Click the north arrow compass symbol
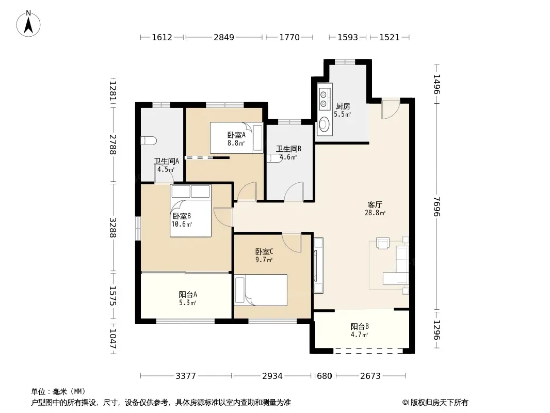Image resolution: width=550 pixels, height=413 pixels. click(x=28, y=23)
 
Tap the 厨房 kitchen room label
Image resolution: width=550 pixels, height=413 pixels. click(x=343, y=106)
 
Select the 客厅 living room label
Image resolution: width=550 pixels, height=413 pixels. click(x=375, y=204)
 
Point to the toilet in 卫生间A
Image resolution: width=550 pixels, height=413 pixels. click(x=149, y=141)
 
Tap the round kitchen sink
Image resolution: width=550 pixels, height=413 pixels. click(x=325, y=124)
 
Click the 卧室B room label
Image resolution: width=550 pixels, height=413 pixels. click(x=182, y=216)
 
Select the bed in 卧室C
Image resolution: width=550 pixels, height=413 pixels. click(x=261, y=290)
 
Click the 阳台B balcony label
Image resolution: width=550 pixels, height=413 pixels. click(x=360, y=326)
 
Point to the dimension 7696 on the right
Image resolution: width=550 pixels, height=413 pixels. click(x=436, y=206)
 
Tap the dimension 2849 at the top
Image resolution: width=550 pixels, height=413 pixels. click(x=224, y=37)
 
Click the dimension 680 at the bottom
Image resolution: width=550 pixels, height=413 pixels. click(x=324, y=376)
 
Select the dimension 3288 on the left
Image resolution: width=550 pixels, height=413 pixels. click(x=112, y=228)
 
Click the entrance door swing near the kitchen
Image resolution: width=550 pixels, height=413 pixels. click(x=391, y=108)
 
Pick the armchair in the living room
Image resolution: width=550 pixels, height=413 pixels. click(x=383, y=243)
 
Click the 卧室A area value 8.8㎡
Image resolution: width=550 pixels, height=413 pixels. click(x=236, y=143)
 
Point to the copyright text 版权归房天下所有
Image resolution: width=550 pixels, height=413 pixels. click(x=439, y=403)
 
